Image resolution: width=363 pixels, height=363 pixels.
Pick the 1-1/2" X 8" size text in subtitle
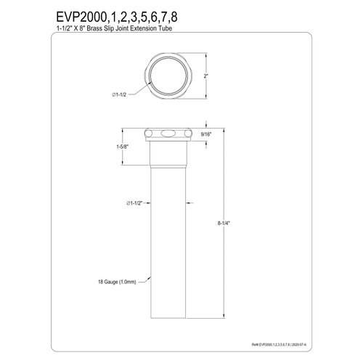[x=36, y=28]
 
